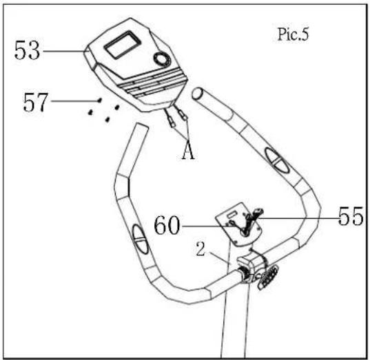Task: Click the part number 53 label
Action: coord(27,50)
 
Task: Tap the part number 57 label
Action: coord(35,102)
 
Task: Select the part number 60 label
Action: coord(167,225)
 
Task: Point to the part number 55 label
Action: coord(351,216)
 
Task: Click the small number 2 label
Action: coord(201,249)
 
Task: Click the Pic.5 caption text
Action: coord(293,34)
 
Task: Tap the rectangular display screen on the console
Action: coord(123,45)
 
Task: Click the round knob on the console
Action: coord(162,59)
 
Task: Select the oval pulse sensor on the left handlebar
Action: coord(140,239)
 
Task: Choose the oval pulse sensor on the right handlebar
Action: coord(276,160)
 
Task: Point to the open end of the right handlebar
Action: coord(197,94)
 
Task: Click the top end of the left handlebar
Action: coord(141,127)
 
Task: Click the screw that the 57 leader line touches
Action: coord(99,100)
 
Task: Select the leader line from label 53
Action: coord(63,51)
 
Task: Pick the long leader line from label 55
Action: coord(297,218)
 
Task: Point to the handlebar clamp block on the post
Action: coord(251,268)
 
